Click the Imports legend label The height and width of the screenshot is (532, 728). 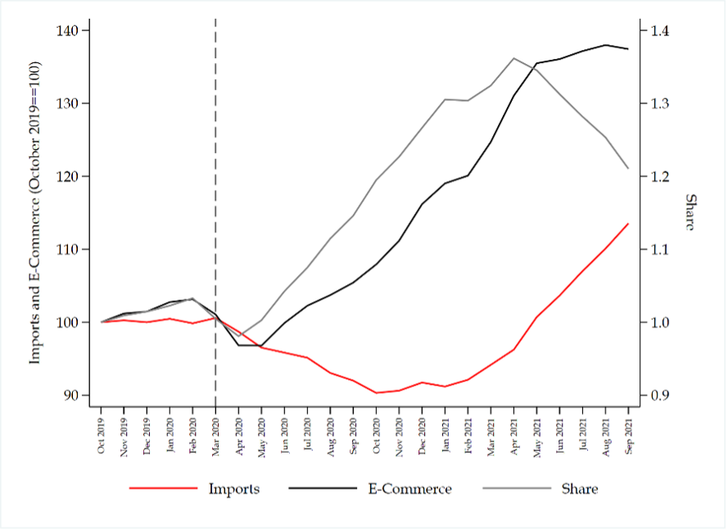pyautogui.click(x=233, y=489)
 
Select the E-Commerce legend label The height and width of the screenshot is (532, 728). pyautogui.click(x=410, y=489)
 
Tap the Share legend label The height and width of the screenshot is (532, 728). pyautogui.click(x=579, y=489)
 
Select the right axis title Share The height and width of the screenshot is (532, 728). pyautogui.click(x=690, y=213)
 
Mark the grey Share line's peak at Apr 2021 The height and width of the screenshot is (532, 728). pyautogui.click(x=514, y=58)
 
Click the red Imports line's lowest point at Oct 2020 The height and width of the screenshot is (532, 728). pyautogui.click(x=377, y=393)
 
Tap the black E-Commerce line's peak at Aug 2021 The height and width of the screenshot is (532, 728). pyautogui.click(x=606, y=45)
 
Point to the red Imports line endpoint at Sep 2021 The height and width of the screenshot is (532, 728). pyautogui.click(x=628, y=223)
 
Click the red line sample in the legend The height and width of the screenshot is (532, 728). pyautogui.click(x=163, y=489)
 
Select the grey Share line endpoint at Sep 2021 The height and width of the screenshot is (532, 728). pyautogui.click(x=628, y=169)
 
